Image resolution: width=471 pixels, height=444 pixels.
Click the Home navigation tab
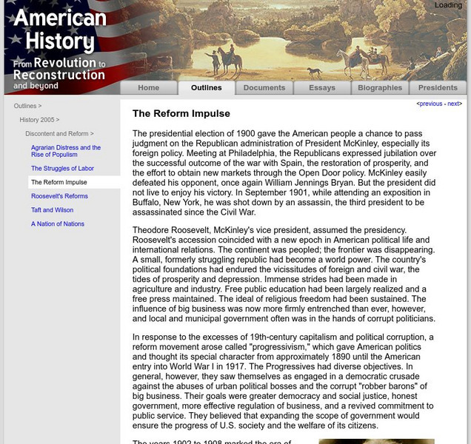click(148, 88)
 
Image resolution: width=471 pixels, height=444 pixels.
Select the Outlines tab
click(206, 88)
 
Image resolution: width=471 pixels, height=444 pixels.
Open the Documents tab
click(264, 88)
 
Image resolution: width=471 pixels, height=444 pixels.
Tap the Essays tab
click(322, 88)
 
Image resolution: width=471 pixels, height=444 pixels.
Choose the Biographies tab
click(380, 88)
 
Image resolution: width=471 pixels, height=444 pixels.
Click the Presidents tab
click(438, 88)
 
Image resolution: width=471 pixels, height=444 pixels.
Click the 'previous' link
click(430, 104)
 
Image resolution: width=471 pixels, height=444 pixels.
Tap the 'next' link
click(453, 104)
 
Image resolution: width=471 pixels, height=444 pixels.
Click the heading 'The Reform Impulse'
click(181, 114)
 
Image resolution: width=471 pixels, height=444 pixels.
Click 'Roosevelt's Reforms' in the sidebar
click(59, 196)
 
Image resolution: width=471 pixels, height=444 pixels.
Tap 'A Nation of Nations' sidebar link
click(58, 224)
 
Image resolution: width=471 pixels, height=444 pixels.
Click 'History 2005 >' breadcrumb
click(39, 120)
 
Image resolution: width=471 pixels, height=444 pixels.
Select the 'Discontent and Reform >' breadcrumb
click(59, 134)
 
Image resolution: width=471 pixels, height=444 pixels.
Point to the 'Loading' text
click(448, 5)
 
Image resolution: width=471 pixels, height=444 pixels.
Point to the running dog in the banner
click(315, 72)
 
